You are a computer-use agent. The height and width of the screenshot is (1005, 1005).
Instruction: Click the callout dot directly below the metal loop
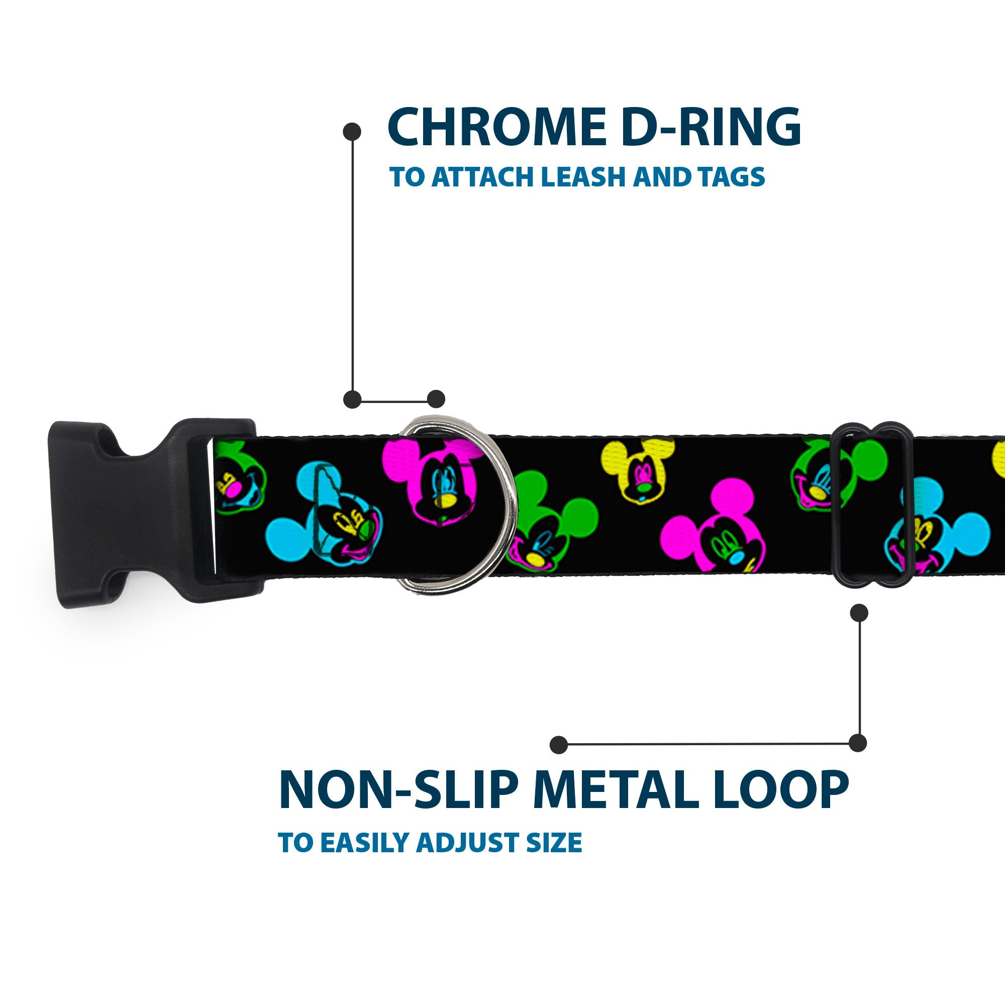[858, 613]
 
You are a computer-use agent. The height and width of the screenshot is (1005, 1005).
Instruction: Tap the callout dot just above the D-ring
[436, 399]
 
